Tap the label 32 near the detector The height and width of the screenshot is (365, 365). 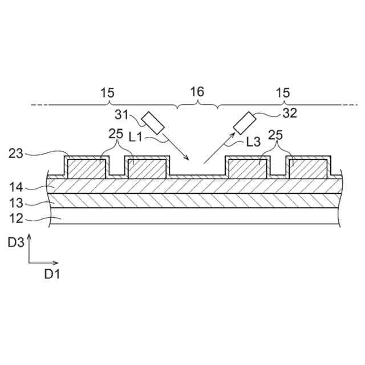pos(290,113)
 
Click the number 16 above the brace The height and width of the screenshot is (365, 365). pos(197,92)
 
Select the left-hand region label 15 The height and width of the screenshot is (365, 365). pos(107,92)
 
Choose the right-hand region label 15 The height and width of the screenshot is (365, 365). pos(283,92)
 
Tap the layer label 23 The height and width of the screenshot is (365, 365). pos(16,153)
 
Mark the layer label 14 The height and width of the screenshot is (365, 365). pos(16,186)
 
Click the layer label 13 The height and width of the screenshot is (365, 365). pos(16,202)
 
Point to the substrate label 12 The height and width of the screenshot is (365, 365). pos(16,218)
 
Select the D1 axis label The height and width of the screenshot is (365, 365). pos(52,274)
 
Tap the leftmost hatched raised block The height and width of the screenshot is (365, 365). pos(86,169)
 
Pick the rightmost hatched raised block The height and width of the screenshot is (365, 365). pos(308,169)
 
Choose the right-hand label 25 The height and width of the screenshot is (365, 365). pos(276,136)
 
